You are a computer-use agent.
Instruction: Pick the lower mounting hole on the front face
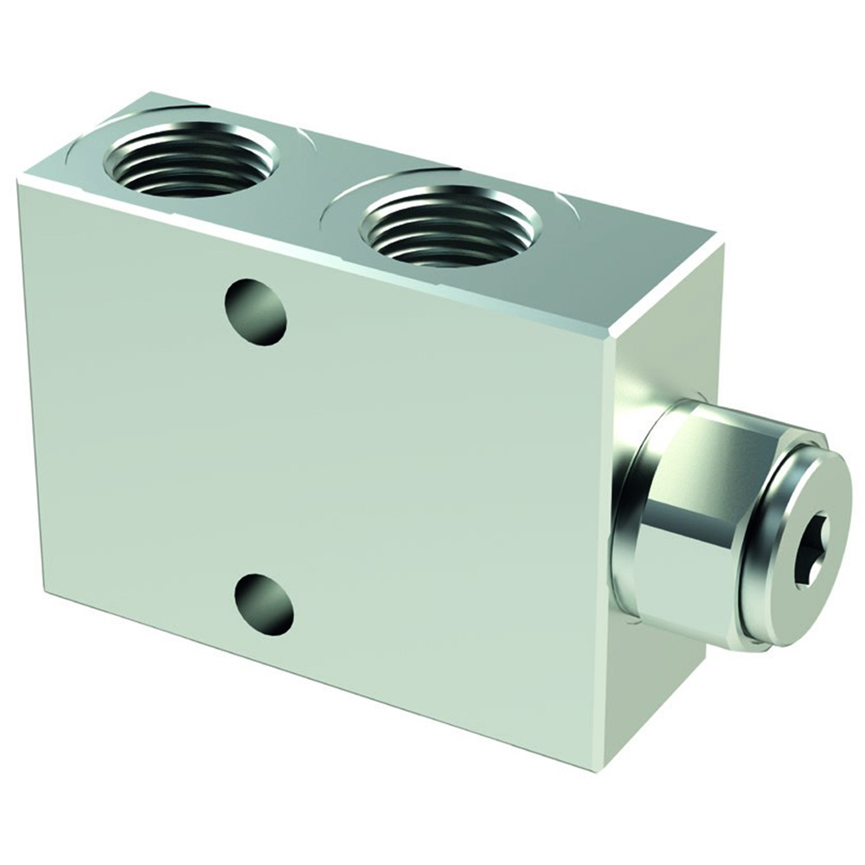pos(264,601)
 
